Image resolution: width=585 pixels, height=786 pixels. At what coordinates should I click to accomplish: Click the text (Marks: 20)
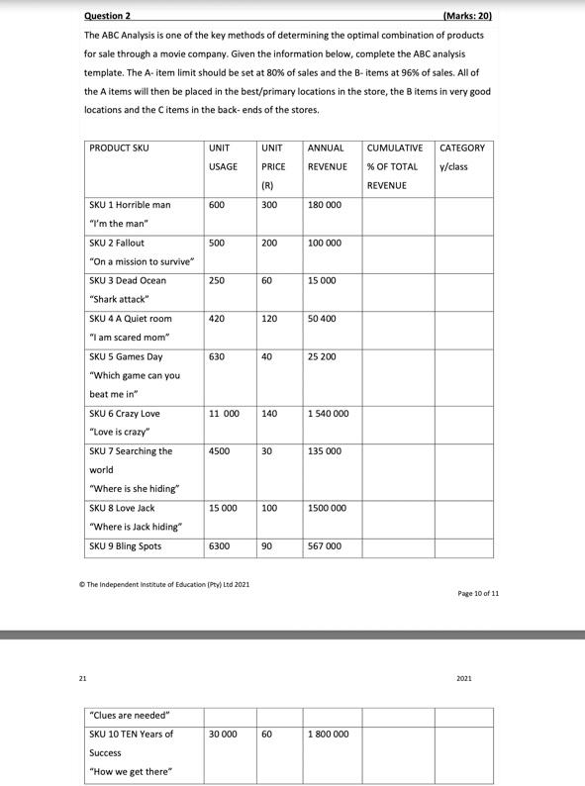464,16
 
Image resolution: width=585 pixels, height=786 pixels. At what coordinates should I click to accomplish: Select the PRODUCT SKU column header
119,148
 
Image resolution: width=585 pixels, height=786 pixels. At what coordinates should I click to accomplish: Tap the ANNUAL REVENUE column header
325,157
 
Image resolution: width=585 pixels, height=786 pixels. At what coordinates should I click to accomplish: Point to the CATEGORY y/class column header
462,157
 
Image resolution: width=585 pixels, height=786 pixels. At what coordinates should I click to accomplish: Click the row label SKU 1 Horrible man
130,205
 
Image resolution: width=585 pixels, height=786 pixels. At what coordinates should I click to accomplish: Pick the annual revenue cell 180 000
325,205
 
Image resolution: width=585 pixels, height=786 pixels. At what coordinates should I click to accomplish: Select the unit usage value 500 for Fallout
217,243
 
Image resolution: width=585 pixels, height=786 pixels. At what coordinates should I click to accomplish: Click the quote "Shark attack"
119,299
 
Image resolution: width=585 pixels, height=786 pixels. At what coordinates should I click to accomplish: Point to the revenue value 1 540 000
328,414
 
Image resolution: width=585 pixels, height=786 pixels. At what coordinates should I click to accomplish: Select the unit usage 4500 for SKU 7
220,451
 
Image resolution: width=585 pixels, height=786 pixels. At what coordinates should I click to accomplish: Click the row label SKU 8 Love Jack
122,508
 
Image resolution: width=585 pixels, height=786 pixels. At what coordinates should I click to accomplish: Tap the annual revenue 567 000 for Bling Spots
325,546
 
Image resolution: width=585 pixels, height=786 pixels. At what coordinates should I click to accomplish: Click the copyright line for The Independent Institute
163,585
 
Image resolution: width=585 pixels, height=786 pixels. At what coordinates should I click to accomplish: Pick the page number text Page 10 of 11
478,593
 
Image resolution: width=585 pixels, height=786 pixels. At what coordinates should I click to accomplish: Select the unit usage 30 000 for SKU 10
223,735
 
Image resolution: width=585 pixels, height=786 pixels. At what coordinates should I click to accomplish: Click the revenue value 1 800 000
328,735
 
